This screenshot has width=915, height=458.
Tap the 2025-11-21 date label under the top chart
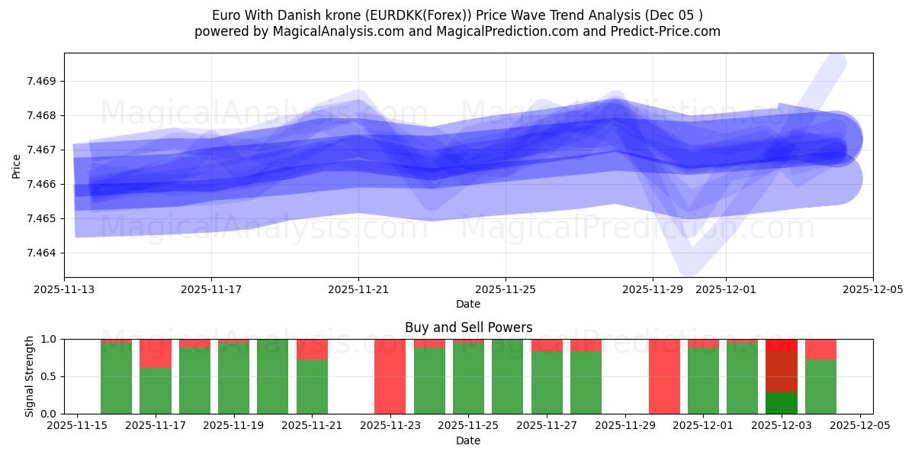tap(358, 289)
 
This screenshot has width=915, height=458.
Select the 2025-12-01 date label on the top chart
tap(725, 289)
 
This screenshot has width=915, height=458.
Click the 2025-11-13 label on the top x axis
tap(65, 289)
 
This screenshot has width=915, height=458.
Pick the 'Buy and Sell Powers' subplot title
tap(468, 327)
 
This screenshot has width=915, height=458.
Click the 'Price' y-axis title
tap(17, 165)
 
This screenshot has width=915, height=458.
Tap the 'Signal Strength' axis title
tap(29, 376)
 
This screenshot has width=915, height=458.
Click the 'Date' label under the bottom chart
tap(468, 440)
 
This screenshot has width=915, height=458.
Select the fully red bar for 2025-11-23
tap(390, 376)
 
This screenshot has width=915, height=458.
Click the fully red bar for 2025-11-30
tap(664, 376)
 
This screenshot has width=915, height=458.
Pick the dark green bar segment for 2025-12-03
tap(782, 403)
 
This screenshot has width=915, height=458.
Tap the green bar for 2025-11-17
tap(156, 391)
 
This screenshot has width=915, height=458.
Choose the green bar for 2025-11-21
tap(312, 387)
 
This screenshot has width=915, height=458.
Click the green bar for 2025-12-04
tap(820, 387)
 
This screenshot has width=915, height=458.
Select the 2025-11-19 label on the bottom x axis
tap(233, 426)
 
